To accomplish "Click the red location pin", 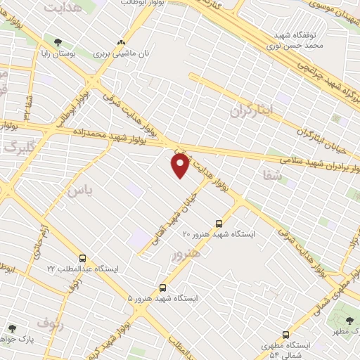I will click(x=180, y=165).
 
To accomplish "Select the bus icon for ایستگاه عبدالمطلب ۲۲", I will click(x=83, y=259).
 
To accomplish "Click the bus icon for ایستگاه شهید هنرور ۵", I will click(x=163, y=288).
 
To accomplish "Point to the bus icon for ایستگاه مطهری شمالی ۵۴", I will click(x=285, y=335).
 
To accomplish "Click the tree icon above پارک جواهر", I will click(x=12, y=328).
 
